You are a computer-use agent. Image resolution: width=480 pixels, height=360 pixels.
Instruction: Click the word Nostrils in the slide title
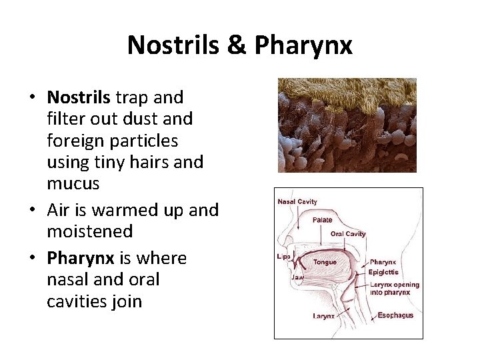173,45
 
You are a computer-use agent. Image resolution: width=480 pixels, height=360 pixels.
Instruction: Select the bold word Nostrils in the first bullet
79,97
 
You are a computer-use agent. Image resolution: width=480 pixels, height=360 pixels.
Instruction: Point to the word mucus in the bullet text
73,183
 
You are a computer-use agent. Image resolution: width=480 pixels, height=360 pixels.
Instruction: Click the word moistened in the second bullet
90,231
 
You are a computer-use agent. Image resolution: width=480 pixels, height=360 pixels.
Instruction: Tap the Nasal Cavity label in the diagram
297,202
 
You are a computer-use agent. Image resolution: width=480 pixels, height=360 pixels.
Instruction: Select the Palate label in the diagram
322,220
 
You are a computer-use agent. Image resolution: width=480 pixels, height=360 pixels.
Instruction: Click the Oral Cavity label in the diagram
348,234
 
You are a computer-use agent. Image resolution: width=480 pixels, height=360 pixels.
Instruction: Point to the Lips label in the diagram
283,257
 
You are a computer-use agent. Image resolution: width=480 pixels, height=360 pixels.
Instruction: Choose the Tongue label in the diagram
325,262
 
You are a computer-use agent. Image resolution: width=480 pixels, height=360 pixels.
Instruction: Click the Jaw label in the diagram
297,277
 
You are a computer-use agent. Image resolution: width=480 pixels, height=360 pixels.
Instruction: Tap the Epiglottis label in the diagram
383,272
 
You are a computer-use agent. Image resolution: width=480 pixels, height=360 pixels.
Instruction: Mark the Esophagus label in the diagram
395,315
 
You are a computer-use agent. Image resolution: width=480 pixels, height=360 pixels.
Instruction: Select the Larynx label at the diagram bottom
324,316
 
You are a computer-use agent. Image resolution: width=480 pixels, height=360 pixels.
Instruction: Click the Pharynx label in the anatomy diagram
383,262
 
